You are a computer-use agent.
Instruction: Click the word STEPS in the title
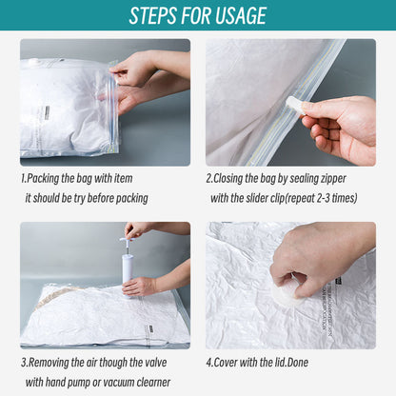[x=158, y=16]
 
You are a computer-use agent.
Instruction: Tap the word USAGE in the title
[x=240, y=16]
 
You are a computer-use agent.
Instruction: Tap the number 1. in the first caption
[x=24, y=178]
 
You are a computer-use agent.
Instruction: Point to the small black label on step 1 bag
[x=44, y=112]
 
